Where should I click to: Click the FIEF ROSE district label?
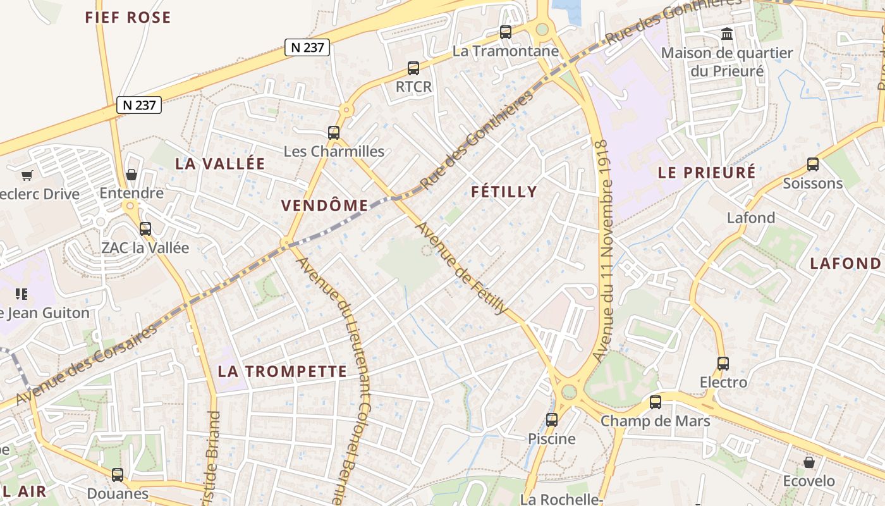pos(128,17)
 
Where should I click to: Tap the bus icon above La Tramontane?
pos(505,32)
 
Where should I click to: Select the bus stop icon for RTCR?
pos(413,68)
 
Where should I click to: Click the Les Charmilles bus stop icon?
pos(334,133)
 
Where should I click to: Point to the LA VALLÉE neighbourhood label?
pos(220,163)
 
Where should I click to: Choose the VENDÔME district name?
pos(324,205)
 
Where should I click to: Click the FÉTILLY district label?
pos(504,192)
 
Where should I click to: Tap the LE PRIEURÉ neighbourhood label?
pos(707,173)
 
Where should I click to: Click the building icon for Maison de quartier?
pos(727,34)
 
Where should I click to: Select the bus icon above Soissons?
pos(813,164)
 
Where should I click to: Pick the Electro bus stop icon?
pos(723,364)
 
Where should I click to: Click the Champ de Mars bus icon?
pos(656,402)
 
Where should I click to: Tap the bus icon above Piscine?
pos(552,420)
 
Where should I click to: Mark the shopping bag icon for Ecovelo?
pos(809,462)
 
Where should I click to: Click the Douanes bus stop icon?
pos(118,474)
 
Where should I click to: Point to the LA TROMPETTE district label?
pos(283,371)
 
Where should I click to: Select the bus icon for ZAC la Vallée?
pos(145,229)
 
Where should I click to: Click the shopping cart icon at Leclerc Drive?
pos(27,175)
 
